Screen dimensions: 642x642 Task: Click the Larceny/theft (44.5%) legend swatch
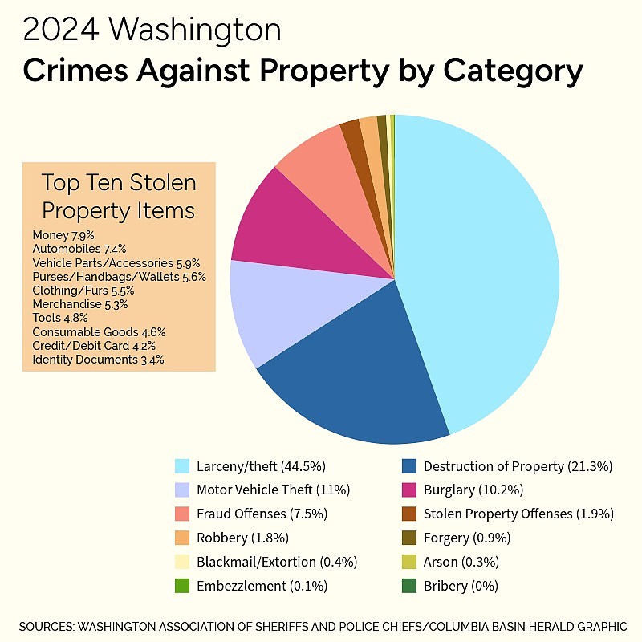click(x=182, y=466)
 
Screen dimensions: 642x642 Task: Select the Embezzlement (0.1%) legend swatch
click(x=182, y=586)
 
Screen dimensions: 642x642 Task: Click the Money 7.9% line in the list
click(x=63, y=235)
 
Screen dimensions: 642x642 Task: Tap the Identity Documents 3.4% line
click(x=98, y=360)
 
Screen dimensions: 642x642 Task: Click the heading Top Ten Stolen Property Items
click(x=119, y=197)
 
